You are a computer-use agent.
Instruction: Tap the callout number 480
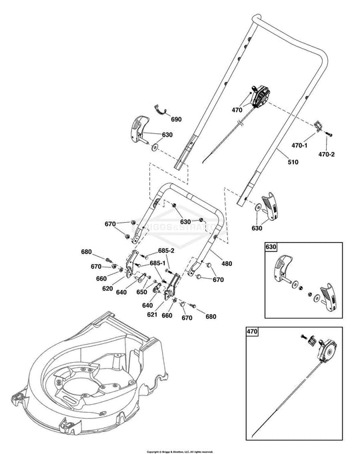point(227,264)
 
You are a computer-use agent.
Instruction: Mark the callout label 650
point(142,292)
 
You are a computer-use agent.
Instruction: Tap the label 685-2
point(167,251)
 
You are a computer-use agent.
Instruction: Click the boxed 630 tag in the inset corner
point(270,247)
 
